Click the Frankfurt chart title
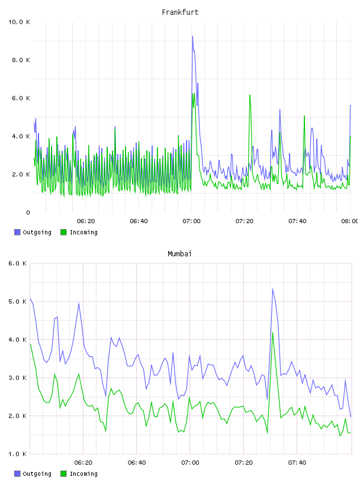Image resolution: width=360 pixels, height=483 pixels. coord(180,12)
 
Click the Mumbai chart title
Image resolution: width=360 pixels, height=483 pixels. coord(179,254)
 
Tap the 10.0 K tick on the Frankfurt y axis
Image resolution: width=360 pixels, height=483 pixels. coord(19,22)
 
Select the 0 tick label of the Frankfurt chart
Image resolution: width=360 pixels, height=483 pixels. coord(28,212)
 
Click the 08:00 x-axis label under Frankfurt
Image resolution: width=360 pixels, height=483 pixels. coord(350,221)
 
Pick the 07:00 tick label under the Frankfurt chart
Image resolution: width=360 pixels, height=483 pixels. coord(191,221)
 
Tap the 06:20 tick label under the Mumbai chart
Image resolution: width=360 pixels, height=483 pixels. coord(83,463)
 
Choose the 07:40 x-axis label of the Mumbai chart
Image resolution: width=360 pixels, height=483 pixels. coord(297,463)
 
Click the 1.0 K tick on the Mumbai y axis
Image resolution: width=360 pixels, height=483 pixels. coord(17,454)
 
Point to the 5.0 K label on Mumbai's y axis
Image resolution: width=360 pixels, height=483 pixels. coord(17,301)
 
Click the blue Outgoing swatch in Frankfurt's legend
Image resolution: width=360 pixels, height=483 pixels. coord(17,232)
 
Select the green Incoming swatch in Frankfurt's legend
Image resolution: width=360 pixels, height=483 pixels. coord(63,232)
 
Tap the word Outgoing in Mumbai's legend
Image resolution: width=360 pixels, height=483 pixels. coord(37,474)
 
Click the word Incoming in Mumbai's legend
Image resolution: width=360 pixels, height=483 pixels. coord(83,474)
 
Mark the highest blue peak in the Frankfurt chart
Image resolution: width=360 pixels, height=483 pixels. coord(192,36)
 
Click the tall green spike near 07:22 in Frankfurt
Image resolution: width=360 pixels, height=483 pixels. coord(250,95)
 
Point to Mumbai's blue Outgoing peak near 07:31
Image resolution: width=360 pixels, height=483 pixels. coord(273,289)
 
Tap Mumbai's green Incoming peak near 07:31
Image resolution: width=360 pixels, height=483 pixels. coord(273,333)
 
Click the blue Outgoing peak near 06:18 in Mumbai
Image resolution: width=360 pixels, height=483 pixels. coord(79,304)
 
